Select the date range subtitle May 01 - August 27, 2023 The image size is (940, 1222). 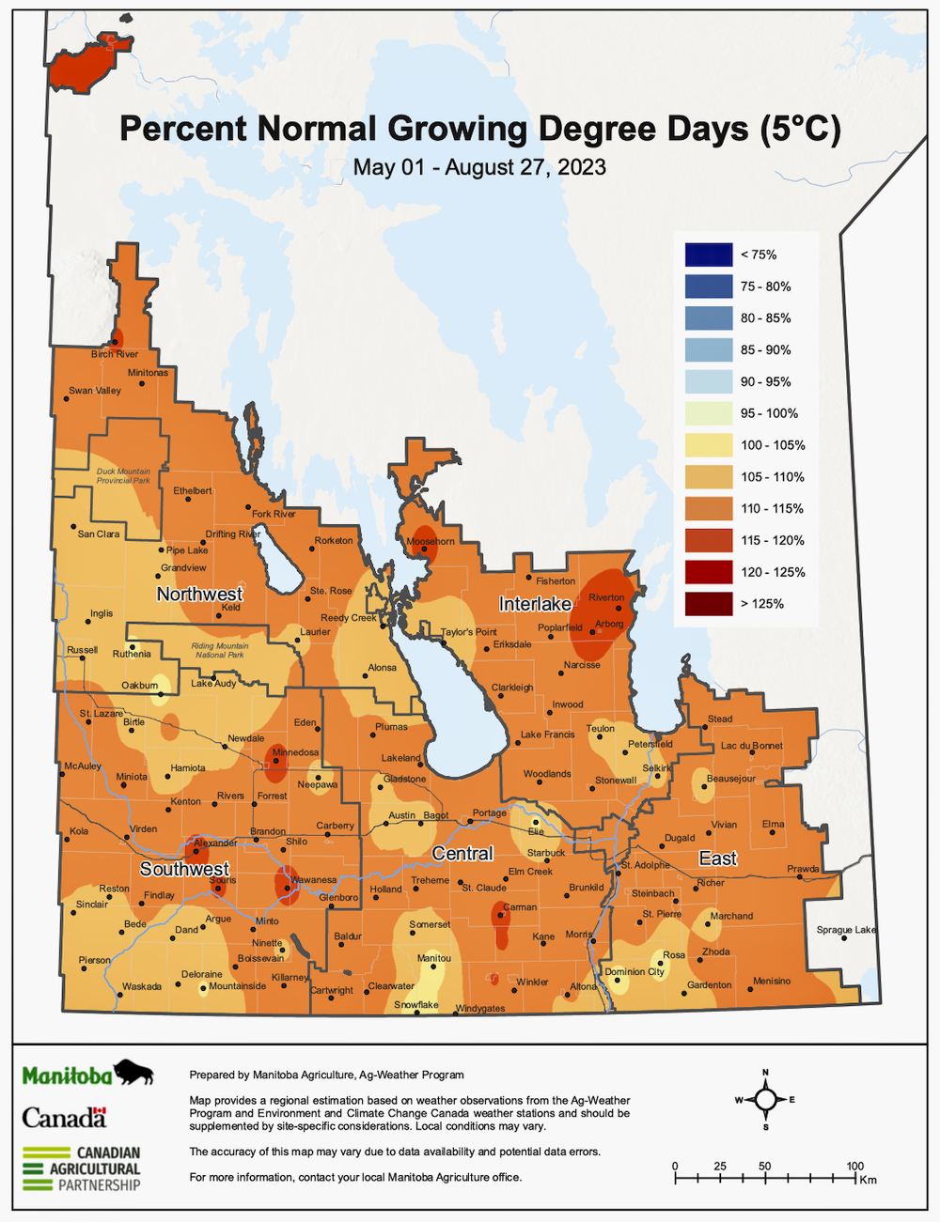click(x=479, y=167)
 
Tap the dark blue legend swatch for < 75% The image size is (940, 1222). click(x=709, y=255)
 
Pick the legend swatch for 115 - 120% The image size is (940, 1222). click(x=709, y=540)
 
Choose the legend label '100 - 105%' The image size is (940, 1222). click(x=773, y=445)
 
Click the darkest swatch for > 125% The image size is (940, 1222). click(x=709, y=603)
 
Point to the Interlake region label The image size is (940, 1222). click(x=535, y=604)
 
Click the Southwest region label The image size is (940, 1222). click(x=184, y=869)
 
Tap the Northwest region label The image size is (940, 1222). click(x=199, y=594)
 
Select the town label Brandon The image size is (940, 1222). click(x=268, y=832)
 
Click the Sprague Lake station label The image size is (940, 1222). click(x=846, y=930)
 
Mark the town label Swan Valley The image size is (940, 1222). click(x=95, y=391)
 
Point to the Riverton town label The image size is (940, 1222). click(x=606, y=597)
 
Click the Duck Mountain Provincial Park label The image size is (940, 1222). click(x=123, y=476)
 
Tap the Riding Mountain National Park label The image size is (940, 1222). click(x=219, y=650)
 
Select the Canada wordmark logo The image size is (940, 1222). click(x=65, y=1117)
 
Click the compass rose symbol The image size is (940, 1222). click(x=766, y=1099)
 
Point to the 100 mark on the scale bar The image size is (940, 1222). click(x=854, y=1167)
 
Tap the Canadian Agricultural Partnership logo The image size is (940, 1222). click(x=82, y=1168)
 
